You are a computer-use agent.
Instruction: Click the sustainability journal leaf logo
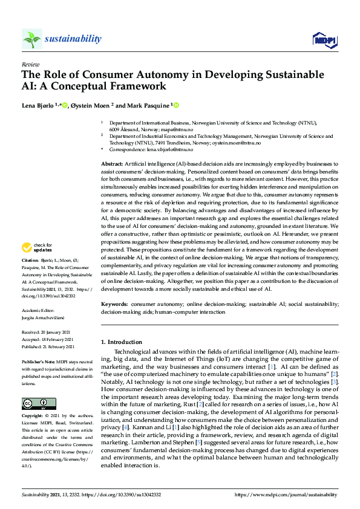[x=31, y=39]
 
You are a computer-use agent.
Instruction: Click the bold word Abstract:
[x=112, y=164]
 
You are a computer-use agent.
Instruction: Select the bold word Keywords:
[x=114, y=304]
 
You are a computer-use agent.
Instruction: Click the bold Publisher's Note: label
[x=38, y=360]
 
